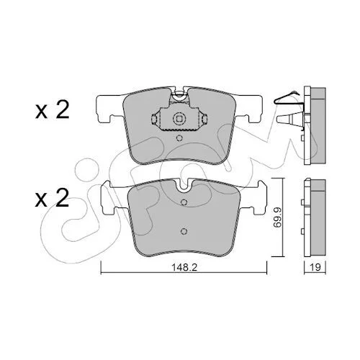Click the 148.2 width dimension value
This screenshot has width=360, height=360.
click(x=184, y=267)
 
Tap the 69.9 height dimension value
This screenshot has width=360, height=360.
click(x=277, y=217)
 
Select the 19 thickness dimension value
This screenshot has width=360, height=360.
click(x=315, y=267)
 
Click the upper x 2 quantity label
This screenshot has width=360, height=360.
click(x=53, y=110)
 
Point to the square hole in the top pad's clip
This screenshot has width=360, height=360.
click(x=179, y=118)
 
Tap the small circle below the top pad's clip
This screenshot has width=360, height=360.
click(x=179, y=138)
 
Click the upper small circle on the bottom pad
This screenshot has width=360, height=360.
click(x=184, y=202)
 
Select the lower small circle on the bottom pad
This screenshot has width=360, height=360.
click(x=184, y=231)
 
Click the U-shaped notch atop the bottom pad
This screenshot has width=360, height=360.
click(x=184, y=185)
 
